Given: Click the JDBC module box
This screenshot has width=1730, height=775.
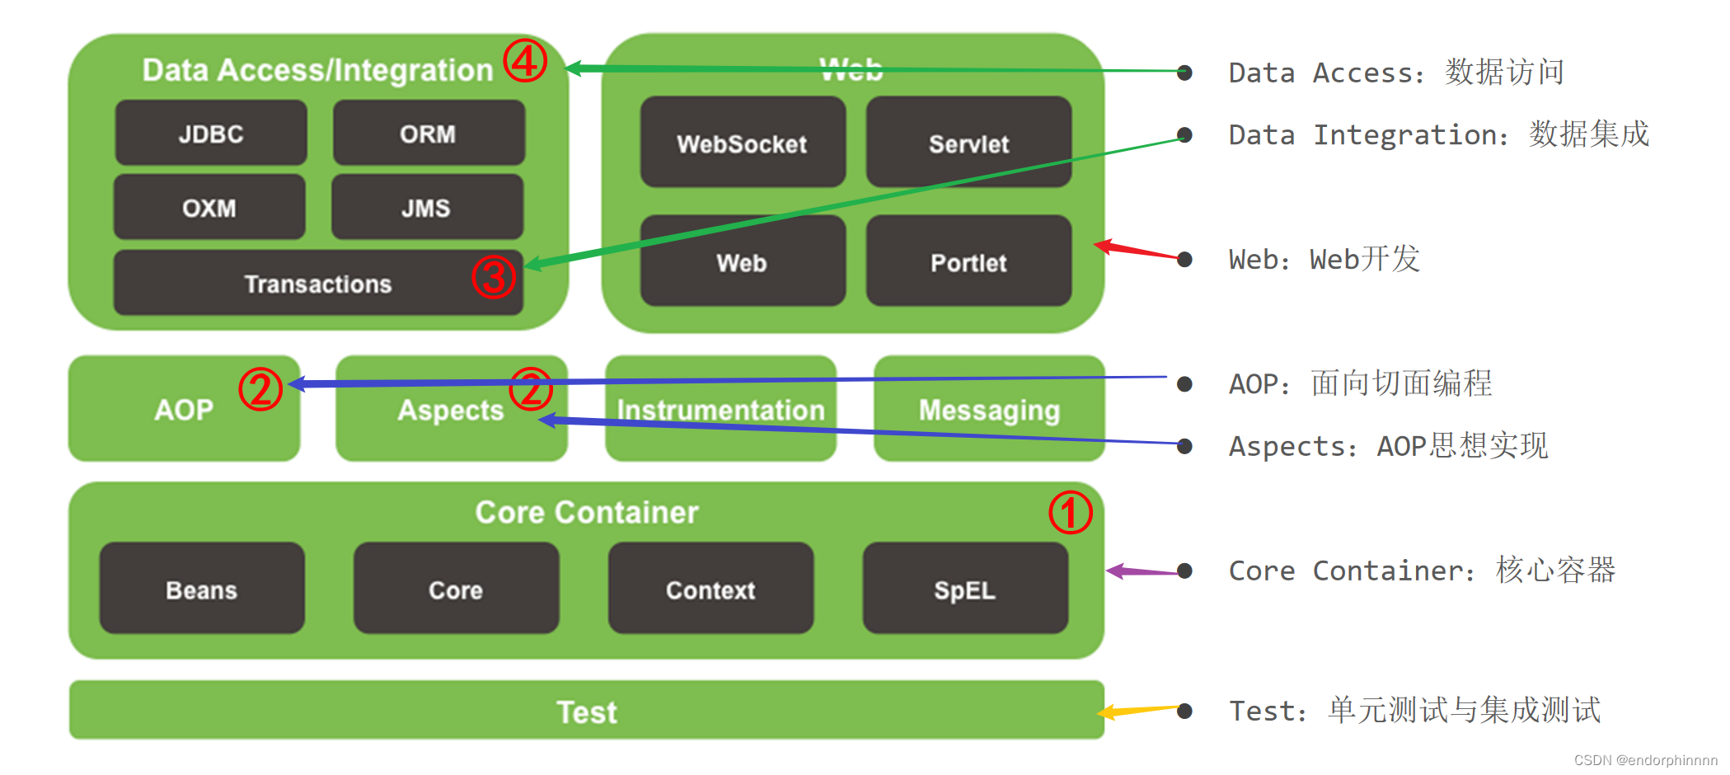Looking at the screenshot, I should click(211, 134).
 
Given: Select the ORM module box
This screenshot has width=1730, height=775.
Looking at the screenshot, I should click(428, 134).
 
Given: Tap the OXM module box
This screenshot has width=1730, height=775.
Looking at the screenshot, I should click(209, 207).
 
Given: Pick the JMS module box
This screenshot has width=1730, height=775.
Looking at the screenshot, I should click(426, 207).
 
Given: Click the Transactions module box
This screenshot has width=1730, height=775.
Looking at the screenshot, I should click(318, 284).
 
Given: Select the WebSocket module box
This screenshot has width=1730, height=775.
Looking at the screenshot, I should click(742, 143).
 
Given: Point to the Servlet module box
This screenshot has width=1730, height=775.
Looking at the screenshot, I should click(968, 143).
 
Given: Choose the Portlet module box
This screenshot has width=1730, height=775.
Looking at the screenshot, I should click(968, 262).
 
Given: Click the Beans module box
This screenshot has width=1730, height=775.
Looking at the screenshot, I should click(202, 589).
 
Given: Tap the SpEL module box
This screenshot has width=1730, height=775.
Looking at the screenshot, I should click(965, 589).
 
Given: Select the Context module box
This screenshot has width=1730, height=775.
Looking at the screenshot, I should click(710, 589).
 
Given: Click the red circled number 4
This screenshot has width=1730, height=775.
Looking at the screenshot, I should click(525, 60).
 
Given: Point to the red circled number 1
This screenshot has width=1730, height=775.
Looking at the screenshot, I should click(1070, 512).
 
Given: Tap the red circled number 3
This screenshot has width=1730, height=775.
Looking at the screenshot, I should click(493, 277).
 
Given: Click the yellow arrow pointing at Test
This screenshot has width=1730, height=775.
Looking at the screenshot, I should click(1141, 710).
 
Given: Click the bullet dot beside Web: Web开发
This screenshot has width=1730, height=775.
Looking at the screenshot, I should click(1184, 260).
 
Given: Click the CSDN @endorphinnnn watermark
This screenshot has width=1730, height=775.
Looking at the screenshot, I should click(1645, 760).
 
